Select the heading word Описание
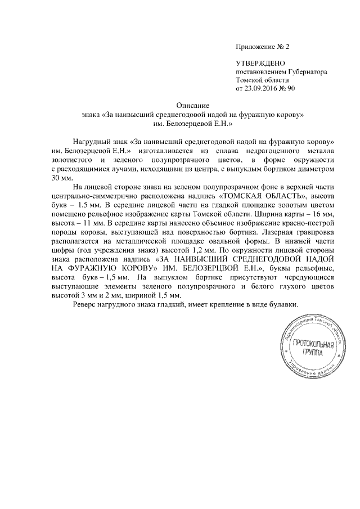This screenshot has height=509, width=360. (193, 106)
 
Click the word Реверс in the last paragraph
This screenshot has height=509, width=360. (86, 304)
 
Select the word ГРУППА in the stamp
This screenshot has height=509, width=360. (312, 353)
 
